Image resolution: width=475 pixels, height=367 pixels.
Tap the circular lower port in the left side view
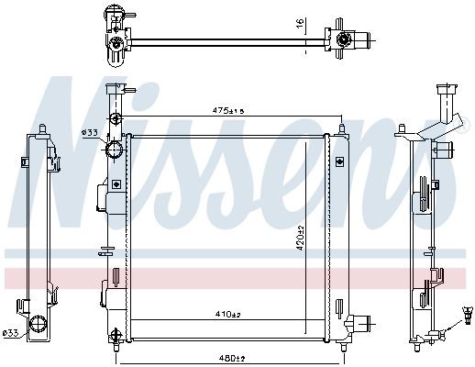point(39,322)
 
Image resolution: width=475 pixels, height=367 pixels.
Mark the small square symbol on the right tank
point(341,162)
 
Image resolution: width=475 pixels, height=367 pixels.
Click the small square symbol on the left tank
point(116,183)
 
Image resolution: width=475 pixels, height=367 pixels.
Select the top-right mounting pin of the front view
point(342,128)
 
